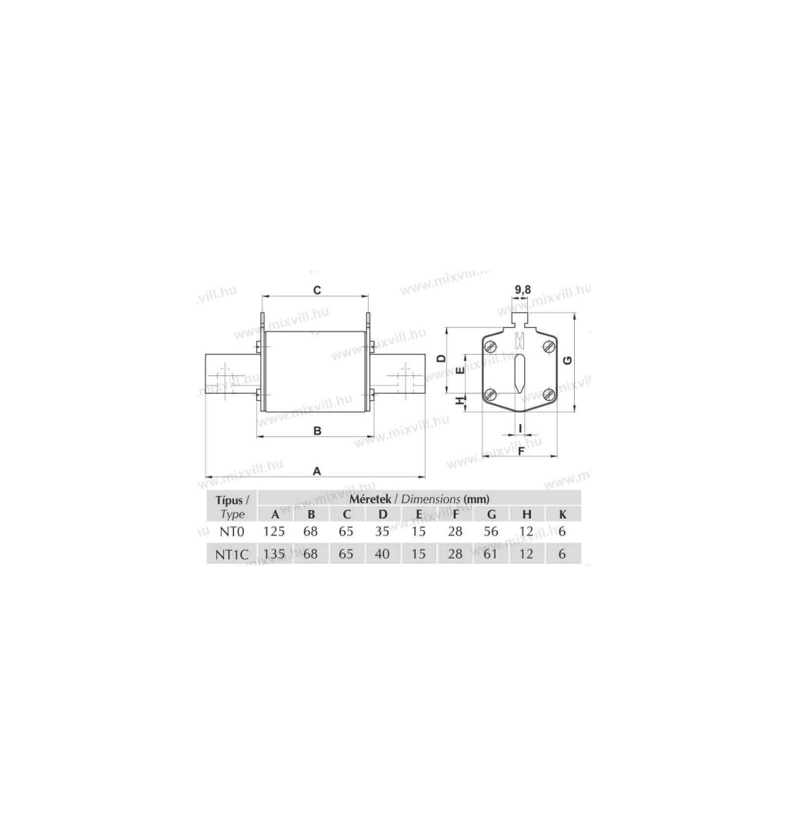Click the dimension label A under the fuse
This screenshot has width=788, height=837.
(316, 472)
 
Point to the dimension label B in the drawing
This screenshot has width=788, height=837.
(317, 431)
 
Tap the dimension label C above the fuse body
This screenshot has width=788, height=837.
(317, 290)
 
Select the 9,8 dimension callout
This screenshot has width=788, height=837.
(523, 290)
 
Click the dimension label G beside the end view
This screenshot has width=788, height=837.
(568, 360)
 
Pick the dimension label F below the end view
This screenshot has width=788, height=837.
(522, 451)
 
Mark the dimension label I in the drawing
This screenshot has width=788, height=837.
(520, 427)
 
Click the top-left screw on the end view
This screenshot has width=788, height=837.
(491, 346)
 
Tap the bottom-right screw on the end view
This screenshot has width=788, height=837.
(549, 395)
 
